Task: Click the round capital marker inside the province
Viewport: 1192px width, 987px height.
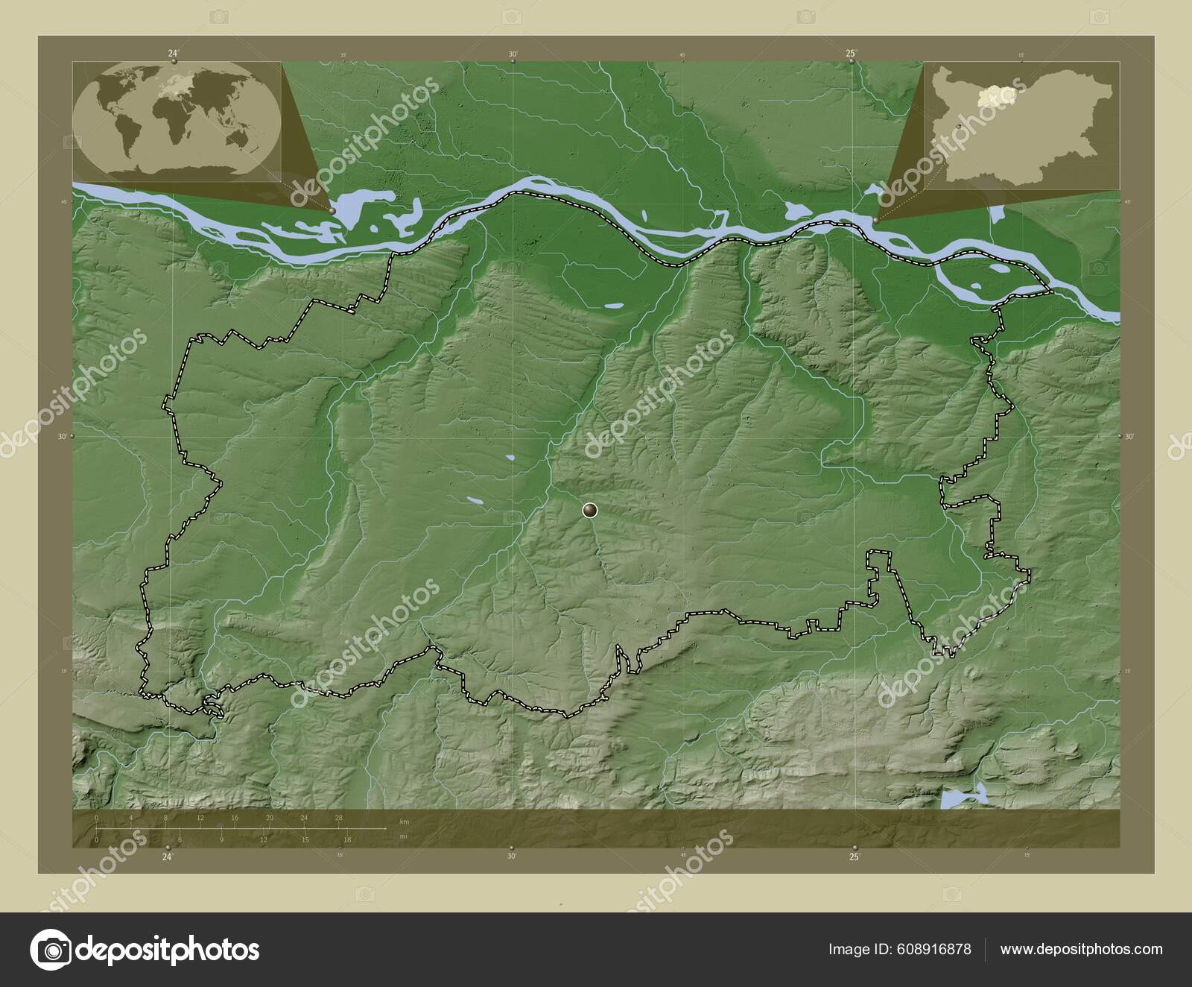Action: coord(590,510)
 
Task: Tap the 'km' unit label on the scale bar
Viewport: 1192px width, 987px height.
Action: coord(405,821)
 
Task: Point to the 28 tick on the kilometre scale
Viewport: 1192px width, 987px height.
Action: coord(339,819)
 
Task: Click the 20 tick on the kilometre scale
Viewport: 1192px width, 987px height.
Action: coord(270,819)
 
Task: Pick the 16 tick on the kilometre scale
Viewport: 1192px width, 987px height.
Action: coord(235,819)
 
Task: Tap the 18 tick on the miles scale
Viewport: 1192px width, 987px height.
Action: coord(347,839)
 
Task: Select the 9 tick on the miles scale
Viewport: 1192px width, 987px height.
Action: coord(221,839)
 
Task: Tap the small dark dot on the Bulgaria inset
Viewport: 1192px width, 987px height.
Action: coord(957,127)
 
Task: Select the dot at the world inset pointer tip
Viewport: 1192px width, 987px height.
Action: coord(332,211)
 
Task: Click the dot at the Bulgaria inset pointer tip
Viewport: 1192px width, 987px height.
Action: coord(877,221)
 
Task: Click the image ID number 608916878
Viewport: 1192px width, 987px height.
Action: coord(936,949)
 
